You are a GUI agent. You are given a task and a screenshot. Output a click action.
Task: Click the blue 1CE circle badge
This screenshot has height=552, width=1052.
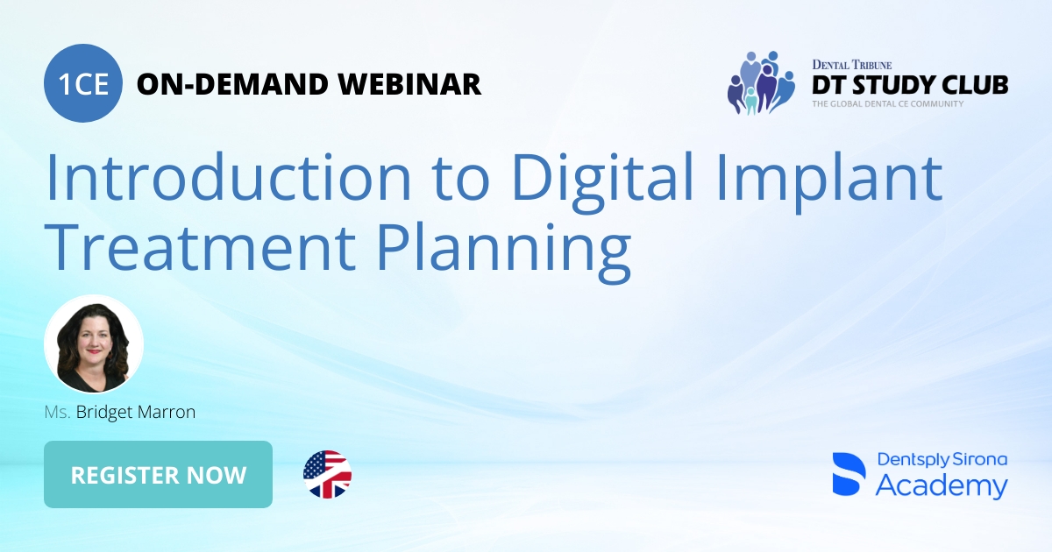82,83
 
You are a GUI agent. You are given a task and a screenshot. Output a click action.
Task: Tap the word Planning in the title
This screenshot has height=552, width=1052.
503,247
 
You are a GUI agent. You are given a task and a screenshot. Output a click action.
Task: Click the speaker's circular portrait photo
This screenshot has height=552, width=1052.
94,344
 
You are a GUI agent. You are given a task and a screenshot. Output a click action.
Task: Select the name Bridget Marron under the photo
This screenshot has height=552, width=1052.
135,411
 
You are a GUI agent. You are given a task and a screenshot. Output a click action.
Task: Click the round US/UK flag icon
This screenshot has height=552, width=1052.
327,474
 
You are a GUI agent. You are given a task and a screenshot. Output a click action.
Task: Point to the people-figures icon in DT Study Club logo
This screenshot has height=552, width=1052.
759,83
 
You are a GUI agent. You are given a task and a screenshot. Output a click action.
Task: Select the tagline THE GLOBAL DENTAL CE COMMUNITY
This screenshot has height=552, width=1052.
887,104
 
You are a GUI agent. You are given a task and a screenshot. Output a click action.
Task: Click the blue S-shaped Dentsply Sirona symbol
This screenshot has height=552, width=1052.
848,475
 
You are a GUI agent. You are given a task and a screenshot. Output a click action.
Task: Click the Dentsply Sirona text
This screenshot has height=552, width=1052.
942,460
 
